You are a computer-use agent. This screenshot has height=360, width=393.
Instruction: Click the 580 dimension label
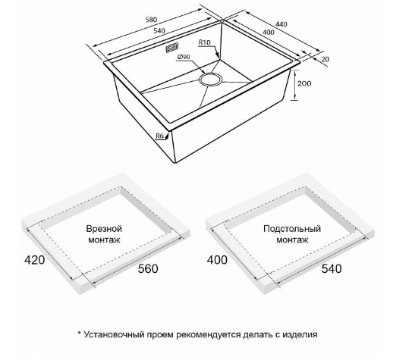tap(151, 20)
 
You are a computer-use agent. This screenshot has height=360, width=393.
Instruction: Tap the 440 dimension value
tap(281, 24)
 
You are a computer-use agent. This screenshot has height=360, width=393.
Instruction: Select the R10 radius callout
tap(204, 42)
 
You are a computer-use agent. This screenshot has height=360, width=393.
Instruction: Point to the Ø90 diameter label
tap(184, 57)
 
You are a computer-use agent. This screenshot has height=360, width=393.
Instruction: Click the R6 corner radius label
tap(159, 136)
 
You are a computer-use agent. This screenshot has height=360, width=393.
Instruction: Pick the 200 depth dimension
tap(304, 83)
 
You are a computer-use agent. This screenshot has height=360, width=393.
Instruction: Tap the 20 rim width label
tap(325, 59)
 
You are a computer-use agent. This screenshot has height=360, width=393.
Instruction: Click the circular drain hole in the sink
tap(210, 80)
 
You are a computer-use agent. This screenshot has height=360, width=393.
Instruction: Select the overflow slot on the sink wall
tap(172, 48)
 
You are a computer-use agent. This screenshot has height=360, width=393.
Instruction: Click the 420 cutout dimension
tap(34, 260)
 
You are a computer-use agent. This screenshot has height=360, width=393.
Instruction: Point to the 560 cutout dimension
tap(148, 268)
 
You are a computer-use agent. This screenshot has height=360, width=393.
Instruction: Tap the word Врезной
tap(104, 229)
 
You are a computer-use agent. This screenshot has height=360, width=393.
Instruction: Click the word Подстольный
tap(292, 229)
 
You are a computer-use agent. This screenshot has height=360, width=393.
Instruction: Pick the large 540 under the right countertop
tap(332, 268)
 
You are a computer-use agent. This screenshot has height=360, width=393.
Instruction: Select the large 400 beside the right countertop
tap(217, 260)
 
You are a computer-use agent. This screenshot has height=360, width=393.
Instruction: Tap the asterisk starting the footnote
tap(80, 333)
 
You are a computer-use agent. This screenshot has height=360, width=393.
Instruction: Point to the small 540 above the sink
tap(159, 31)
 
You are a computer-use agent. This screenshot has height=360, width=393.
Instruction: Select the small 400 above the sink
tap(269, 32)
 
